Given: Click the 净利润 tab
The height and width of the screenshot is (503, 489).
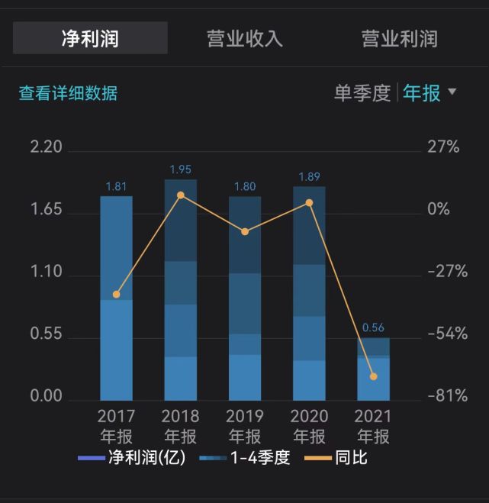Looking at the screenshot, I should click(90, 38).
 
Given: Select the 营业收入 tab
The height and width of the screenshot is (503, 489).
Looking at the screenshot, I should click(245, 38).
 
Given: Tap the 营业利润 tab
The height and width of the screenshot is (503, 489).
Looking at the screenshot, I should click(399, 38).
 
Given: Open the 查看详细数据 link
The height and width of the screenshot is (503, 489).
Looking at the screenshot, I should click(68, 93).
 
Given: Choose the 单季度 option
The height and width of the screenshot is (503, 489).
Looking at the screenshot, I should click(362, 93).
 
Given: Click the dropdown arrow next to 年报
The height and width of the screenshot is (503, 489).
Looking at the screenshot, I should click(452, 92).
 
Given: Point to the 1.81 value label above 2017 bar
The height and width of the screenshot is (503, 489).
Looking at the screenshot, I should click(116, 185).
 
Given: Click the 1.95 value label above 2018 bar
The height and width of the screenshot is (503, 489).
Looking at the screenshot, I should click(181, 169).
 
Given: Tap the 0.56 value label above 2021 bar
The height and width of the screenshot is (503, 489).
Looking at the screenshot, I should click(373, 327).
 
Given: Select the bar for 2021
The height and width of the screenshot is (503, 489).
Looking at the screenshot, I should click(373, 370).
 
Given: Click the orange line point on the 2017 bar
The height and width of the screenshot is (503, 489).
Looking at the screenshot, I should click(116, 295).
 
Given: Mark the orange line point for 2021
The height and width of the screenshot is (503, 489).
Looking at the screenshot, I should click(373, 376).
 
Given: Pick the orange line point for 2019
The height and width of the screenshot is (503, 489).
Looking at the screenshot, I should click(245, 231).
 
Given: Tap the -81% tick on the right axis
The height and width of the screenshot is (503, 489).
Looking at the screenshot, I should click(448, 396).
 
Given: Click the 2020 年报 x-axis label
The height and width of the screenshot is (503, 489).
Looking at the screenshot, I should click(309, 426).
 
